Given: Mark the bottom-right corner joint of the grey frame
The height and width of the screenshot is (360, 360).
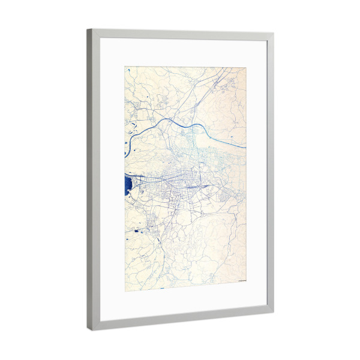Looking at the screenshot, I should pos(271,311).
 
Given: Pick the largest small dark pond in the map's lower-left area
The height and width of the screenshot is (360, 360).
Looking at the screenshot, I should pos(137,230).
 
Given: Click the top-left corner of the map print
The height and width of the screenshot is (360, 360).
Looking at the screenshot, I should pos(125,66).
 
